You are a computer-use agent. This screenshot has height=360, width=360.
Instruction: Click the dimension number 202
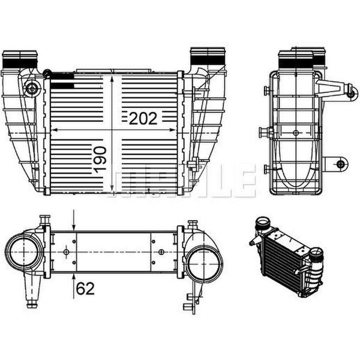[x=143, y=118]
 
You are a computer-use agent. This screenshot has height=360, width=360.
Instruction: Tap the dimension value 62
[x=85, y=289]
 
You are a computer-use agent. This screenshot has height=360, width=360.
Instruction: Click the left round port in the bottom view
[x=23, y=252]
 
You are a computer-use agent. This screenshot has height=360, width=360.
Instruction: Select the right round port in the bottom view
[x=204, y=263]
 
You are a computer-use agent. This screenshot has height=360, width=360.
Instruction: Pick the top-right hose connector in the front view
[x=208, y=57]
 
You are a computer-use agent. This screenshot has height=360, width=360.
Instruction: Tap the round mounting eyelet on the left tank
[x=31, y=88]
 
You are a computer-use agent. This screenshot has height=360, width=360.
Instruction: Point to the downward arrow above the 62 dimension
[x=74, y=220]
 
